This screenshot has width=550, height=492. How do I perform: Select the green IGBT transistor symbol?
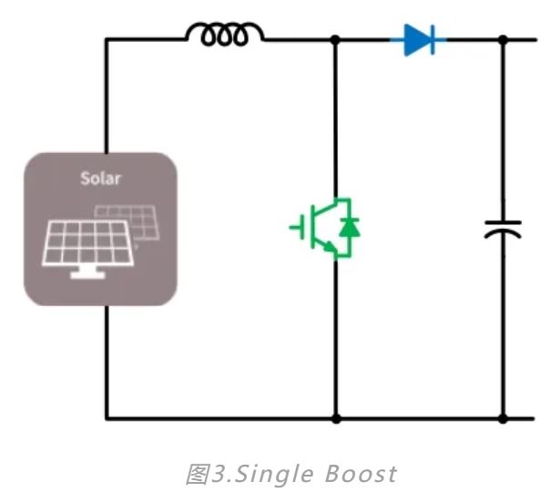(x=323, y=228)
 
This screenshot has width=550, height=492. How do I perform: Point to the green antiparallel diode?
(x=346, y=228)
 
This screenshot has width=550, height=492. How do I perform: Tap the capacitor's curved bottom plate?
(x=503, y=234)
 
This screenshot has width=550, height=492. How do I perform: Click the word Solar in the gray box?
(x=100, y=178)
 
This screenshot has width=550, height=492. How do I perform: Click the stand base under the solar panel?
(x=87, y=274)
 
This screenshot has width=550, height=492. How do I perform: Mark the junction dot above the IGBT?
(x=336, y=39)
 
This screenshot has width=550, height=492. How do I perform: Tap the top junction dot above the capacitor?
(x=503, y=39)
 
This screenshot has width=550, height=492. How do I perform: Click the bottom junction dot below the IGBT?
(x=336, y=419)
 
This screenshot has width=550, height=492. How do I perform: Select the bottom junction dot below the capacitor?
(x=503, y=419)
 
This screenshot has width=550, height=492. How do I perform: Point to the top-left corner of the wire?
(x=107, y=39)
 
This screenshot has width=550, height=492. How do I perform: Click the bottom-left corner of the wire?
(x=107, y=419)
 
